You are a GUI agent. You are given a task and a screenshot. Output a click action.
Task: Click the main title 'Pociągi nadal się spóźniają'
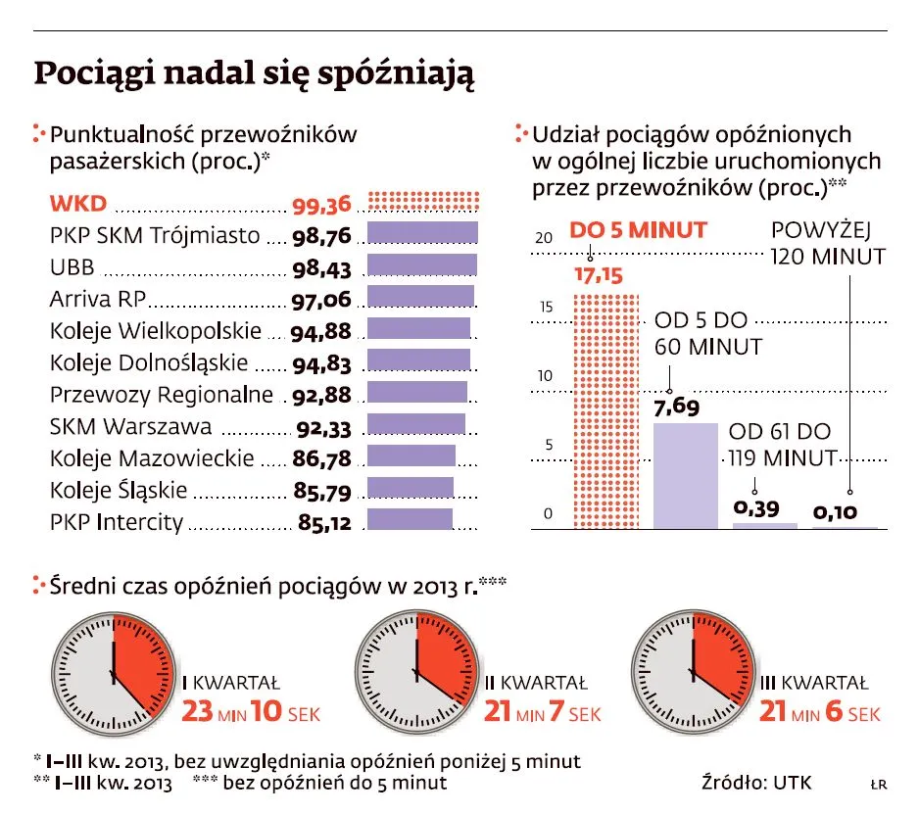pyautogui.click(x=255, y=75)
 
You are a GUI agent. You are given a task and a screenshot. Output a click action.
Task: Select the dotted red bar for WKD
pyautogui.click(x=423, y=202)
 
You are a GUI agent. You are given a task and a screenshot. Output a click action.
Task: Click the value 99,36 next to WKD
pyautogui.click(x=321, y=205)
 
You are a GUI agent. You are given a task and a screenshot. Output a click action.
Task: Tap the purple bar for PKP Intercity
pyautogui.click(x=410, y=519)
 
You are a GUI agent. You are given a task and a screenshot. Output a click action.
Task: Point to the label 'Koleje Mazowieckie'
pyautogui.click(x=152, y=458)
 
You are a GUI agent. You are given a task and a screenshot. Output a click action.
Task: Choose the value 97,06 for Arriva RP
pyautogui.click(x=321, y=301)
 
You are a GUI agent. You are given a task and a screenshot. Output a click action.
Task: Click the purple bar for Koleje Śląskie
pyautogui.click(x=410, y=488)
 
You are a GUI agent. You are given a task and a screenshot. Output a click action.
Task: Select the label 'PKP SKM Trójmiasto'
pyautogui.click(x=155, y=236)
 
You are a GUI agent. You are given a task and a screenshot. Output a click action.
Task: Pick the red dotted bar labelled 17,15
pyautogui.click(x=605, y=410)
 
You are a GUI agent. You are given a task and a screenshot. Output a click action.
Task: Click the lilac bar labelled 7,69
pyautogui.click(x=686, y=475)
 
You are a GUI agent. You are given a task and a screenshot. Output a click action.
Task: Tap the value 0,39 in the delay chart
pyautogui.click(x=757, y=507)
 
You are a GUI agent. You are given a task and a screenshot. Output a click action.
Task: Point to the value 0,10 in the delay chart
pyautogui.click(x=836, y=510)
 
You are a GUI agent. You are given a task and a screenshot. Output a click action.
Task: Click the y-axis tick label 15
pyautogui.click(x=547, y=307)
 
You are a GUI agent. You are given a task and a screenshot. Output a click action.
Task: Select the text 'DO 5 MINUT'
pyautogui.click(x=638, y=230)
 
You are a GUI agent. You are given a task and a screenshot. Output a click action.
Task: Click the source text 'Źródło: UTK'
pyautogui.click(x=756, y=783)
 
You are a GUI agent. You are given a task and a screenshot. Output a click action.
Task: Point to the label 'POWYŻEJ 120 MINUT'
pyautogui.click(x=828, y=244)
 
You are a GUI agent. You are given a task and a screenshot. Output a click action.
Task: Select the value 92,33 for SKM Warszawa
pyautogui.click(x=321, y=428)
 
